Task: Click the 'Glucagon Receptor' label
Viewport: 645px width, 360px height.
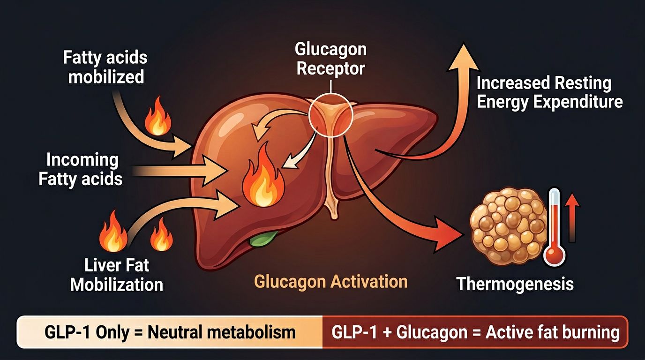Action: pos(330,59)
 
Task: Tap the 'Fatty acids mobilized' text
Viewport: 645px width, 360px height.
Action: pos(105,67)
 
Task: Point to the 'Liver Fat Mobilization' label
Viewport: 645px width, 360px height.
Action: pos(117,275)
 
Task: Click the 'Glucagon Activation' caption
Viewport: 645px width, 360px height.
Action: pos(330,282)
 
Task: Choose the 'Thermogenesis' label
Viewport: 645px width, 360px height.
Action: pos(515,284)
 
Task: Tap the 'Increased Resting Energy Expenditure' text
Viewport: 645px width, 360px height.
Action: pos(549,93)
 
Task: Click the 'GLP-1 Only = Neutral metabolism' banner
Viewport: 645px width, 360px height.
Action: pos(170,332)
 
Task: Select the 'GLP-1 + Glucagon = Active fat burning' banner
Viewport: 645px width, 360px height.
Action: pos(475,332)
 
